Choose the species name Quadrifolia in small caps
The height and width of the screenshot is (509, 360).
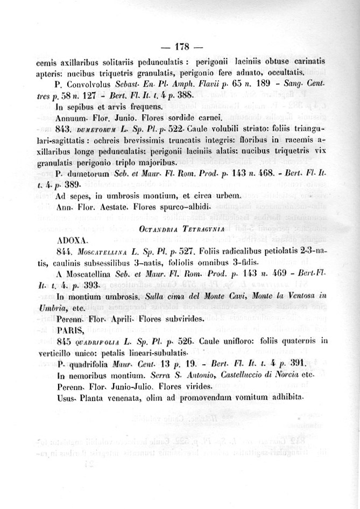coord(101,342)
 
